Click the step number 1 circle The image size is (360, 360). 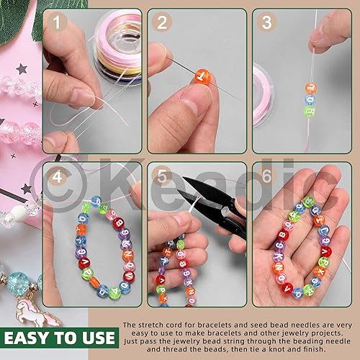[57, 22]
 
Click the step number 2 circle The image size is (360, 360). [162, 22]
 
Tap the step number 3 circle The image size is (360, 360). [266, 22]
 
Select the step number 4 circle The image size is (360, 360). [57, 177]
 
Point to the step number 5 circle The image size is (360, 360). [162, 176]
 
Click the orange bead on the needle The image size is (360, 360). [202, 76]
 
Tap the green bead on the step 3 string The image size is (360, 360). [310, 111]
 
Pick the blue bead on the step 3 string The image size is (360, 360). [310, 99]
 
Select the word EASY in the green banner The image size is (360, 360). [27, 338]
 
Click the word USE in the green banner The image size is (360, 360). [99, 338]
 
